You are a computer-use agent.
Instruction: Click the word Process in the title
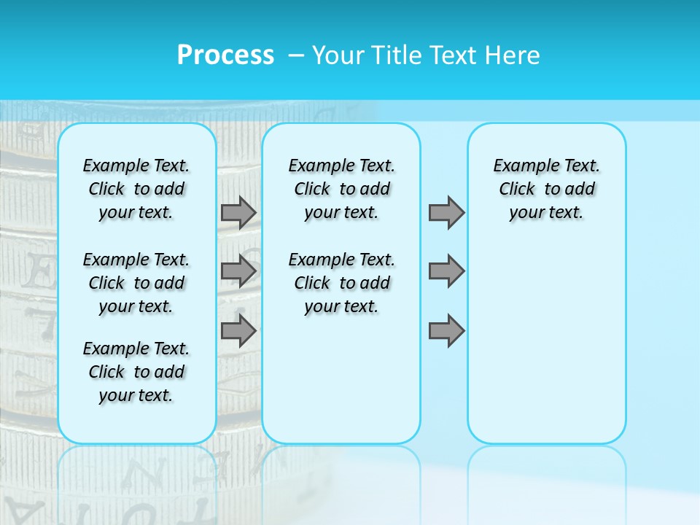tap(225, 55)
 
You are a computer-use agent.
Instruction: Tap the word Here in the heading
tap(511, 55)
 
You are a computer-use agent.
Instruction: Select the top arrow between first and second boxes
tap(238, 212)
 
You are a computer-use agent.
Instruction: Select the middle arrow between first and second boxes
tap(238, 271)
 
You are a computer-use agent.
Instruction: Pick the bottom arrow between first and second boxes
tap(238, 330)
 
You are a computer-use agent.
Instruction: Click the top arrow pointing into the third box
tap(446, 212)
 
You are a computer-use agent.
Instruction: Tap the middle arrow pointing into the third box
tap(446, 271)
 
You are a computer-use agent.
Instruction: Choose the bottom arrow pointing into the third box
tap(446, 330)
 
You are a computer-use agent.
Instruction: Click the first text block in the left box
tap(136, 189)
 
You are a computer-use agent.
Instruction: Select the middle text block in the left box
tap(136, 283)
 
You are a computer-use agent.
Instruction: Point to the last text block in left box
tap(136, 372)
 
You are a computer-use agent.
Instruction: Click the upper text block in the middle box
tap(341, 189)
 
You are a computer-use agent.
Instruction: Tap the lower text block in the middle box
tap(341, 283)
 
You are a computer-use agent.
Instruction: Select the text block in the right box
tap(546, 189)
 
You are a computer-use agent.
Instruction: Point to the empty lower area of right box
tap(546, 350)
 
